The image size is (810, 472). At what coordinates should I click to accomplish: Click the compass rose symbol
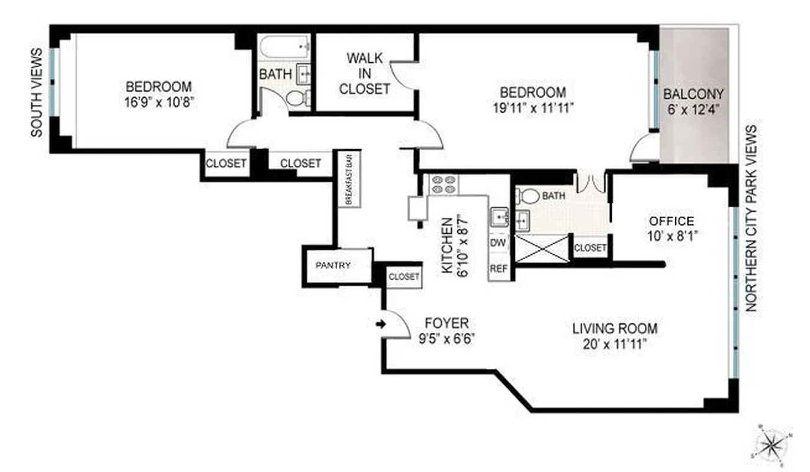point(771,442)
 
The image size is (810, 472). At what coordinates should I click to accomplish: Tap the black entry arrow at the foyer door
point(381,323)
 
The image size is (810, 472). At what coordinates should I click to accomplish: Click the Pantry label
point(333,265)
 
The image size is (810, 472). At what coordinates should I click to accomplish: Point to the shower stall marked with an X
point(542,248)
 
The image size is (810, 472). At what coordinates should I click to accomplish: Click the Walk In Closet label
point(365,74)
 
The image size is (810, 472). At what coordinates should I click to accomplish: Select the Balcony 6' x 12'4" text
point(693,101)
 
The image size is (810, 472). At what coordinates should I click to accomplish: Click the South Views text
point(37,93)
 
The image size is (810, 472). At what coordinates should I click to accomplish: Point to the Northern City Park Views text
point(751,218)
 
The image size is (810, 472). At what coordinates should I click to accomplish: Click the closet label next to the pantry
point(404,276)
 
